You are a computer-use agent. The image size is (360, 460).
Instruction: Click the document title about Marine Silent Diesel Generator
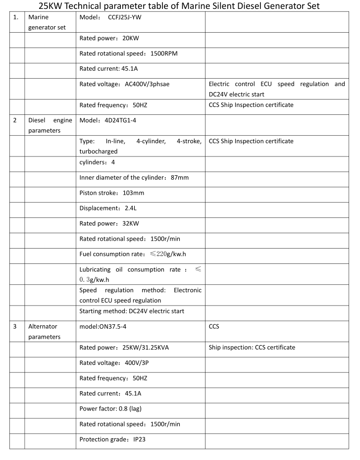179,6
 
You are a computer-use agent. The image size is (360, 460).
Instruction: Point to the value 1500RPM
164,53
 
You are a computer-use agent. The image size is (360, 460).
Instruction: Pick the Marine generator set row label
47,22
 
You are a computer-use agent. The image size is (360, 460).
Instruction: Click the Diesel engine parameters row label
50,126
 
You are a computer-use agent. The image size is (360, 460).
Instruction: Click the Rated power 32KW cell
109,223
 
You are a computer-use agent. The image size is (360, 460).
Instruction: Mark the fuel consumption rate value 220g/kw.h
169,254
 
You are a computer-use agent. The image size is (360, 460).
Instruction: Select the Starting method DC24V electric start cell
132,311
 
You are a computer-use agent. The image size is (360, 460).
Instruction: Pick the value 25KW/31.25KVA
146,348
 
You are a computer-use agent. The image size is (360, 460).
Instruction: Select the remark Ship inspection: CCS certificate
252,348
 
